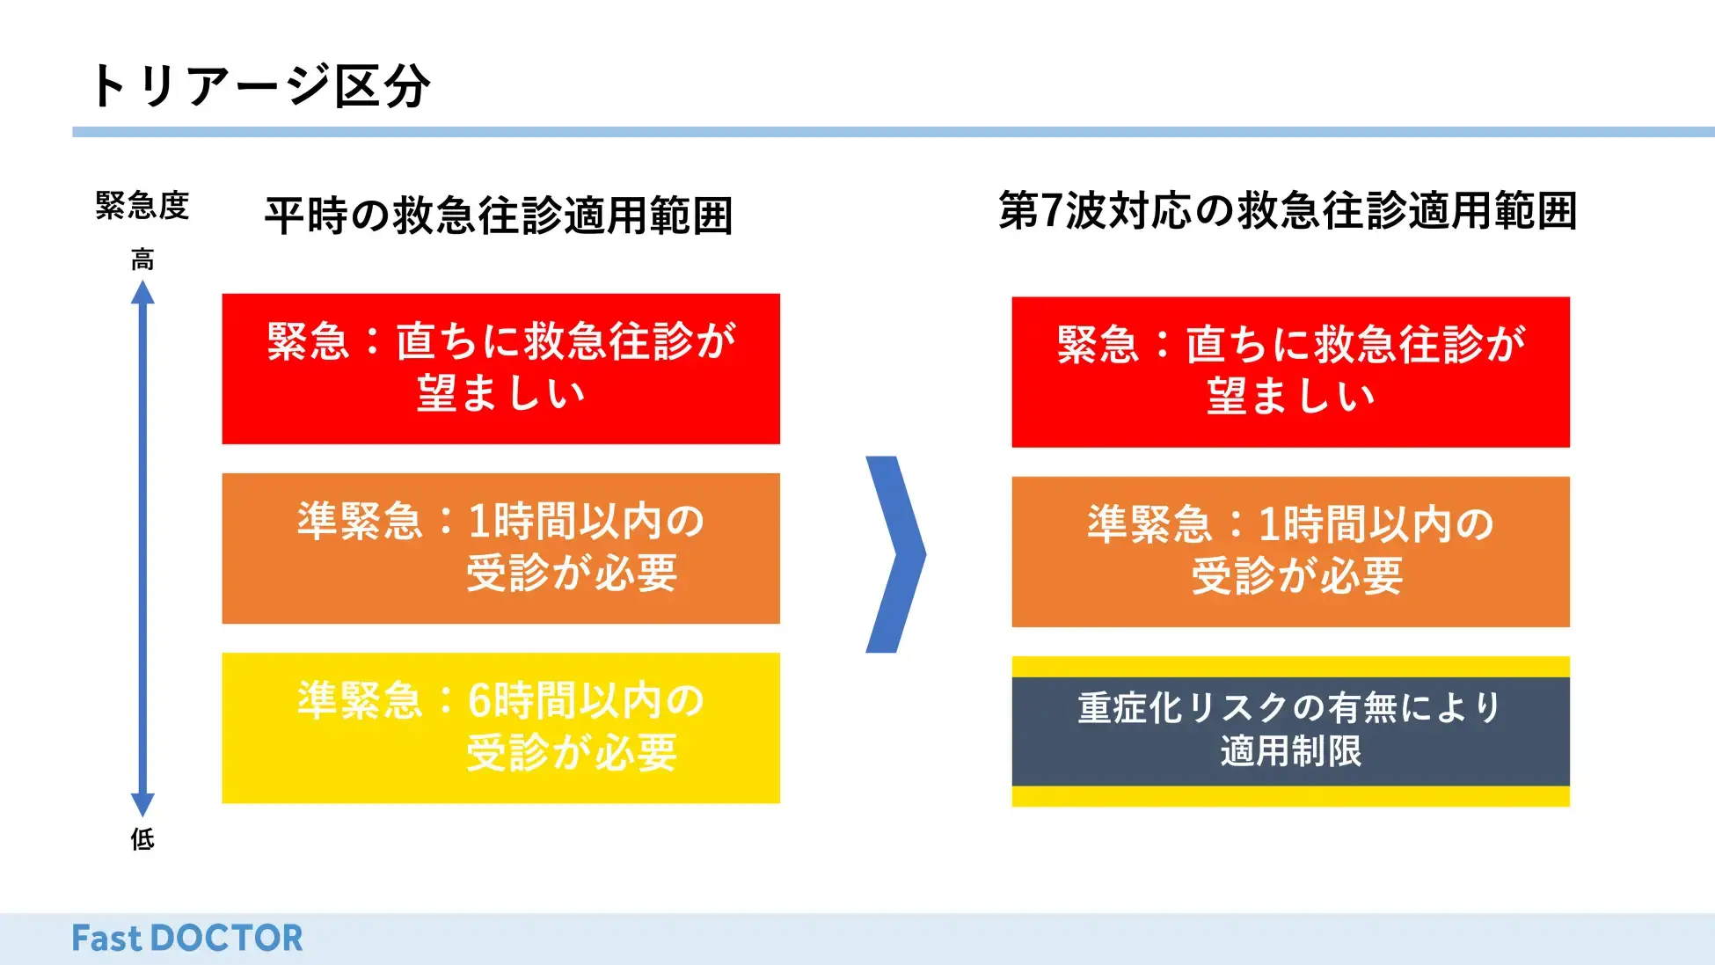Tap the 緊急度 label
[x=142, y=206]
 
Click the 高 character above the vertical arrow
[x=142, y=260]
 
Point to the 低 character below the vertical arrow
[x=142, y=839]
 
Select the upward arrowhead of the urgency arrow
[x=142, y=292]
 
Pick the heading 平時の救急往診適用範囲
[x=499, y=216]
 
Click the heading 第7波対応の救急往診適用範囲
[x=1288, y=211]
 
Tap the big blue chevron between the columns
[x=896, y=554]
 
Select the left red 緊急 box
[x=500, y=369]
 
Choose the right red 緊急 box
[x=1290, y=372]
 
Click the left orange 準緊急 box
[x=500, y=548]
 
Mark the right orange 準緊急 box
[x=1290, y=552]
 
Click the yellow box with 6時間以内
[x=500, y=727]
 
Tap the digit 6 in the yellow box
[x=479, y=701]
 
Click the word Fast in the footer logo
[x=106, y=939]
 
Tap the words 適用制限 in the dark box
[x=1290, y=751]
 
